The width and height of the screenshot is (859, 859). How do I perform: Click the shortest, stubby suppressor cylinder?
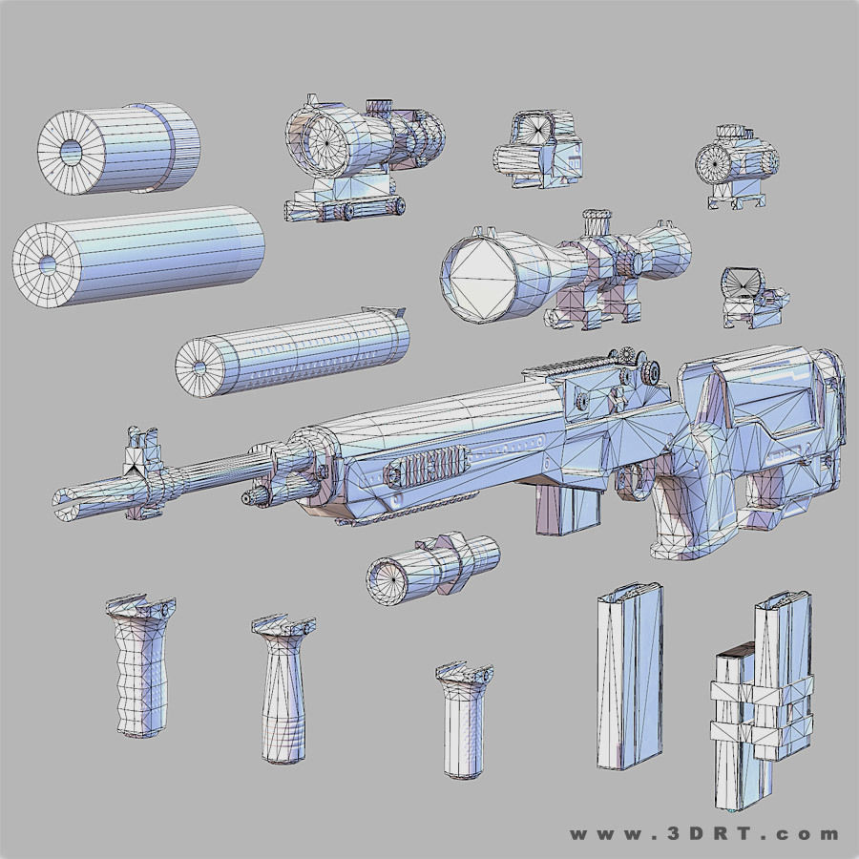pos(119,148)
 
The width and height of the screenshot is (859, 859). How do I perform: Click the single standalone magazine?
pos(630,678)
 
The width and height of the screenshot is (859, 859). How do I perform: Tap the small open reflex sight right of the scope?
pos(754,296)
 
